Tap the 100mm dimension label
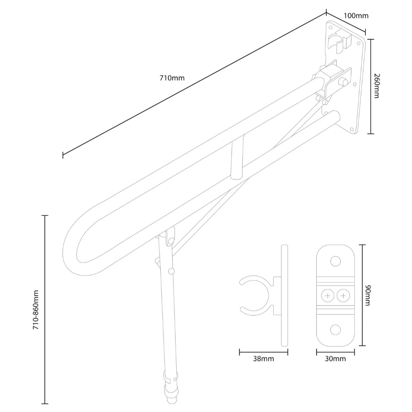(356, 16)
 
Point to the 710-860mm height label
(36, 309)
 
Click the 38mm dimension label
(264, 359)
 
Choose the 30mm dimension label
(335, 359)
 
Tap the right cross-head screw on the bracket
(343, 295)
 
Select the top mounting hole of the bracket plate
(335, 261)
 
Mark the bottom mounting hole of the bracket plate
(335, 330)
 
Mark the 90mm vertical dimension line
(362, 295)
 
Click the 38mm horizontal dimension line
(264, 352)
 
